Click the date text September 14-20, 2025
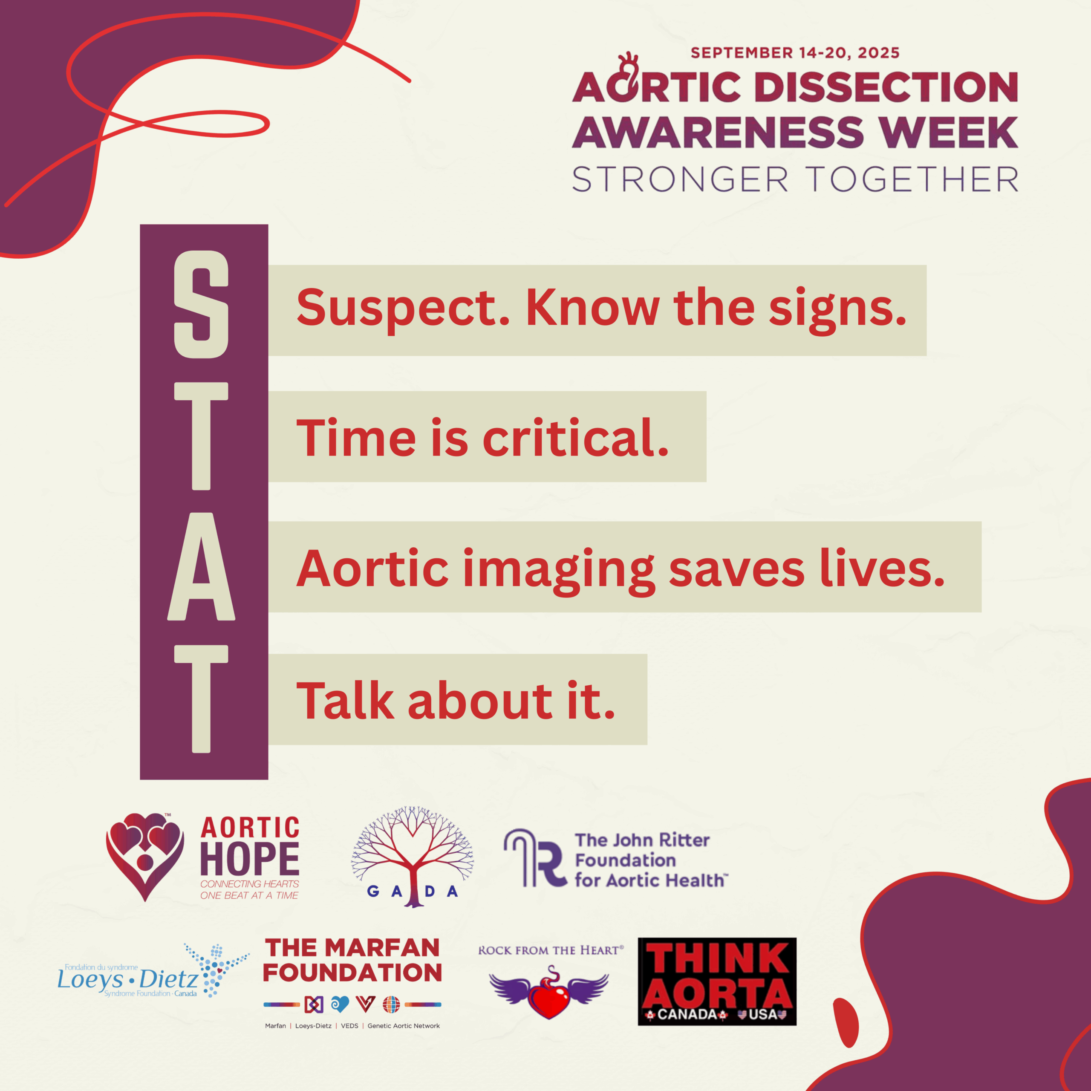[x=795, y=53]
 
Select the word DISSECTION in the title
[x=886, y=87]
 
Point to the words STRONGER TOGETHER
[x=795, y=179]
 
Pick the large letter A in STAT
[x=201, y=566]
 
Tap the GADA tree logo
[x=412, y=857]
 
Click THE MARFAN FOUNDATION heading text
[x=352, y=961]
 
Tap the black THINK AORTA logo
[x=717, y=981]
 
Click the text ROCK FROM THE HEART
[x=551, y=950]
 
